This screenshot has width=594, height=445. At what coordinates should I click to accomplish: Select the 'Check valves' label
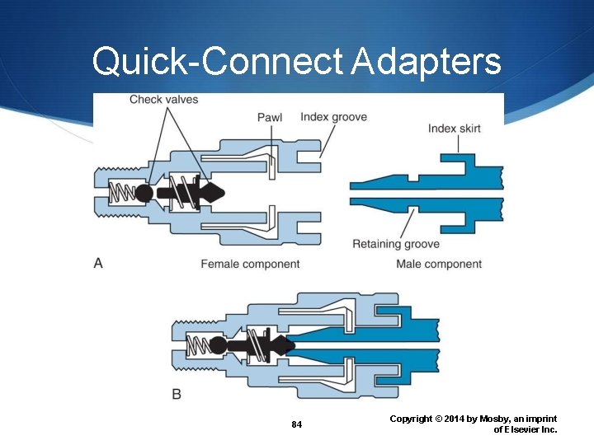163,100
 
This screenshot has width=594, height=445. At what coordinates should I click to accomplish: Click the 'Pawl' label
270,117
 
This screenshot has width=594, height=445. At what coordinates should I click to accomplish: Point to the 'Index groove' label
333,116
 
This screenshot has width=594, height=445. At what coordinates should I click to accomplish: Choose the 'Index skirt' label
454,128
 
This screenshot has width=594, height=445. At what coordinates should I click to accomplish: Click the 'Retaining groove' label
395,244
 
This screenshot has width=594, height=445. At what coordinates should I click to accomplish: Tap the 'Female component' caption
250,264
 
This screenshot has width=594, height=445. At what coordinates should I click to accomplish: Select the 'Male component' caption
439,264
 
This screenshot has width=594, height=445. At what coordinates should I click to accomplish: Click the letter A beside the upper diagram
98,263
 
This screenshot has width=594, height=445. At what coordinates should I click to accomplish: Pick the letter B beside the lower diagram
177,394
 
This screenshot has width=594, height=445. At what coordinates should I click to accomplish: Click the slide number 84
297,424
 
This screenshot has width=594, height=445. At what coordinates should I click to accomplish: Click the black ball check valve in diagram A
143,194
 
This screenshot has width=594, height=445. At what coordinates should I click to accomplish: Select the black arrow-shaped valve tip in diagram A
214,194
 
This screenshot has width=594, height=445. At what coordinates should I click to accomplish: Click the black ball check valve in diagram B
218,344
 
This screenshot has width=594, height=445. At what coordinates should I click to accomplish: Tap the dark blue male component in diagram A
429,190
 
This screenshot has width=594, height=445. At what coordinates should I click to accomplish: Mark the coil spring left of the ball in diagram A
122,194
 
